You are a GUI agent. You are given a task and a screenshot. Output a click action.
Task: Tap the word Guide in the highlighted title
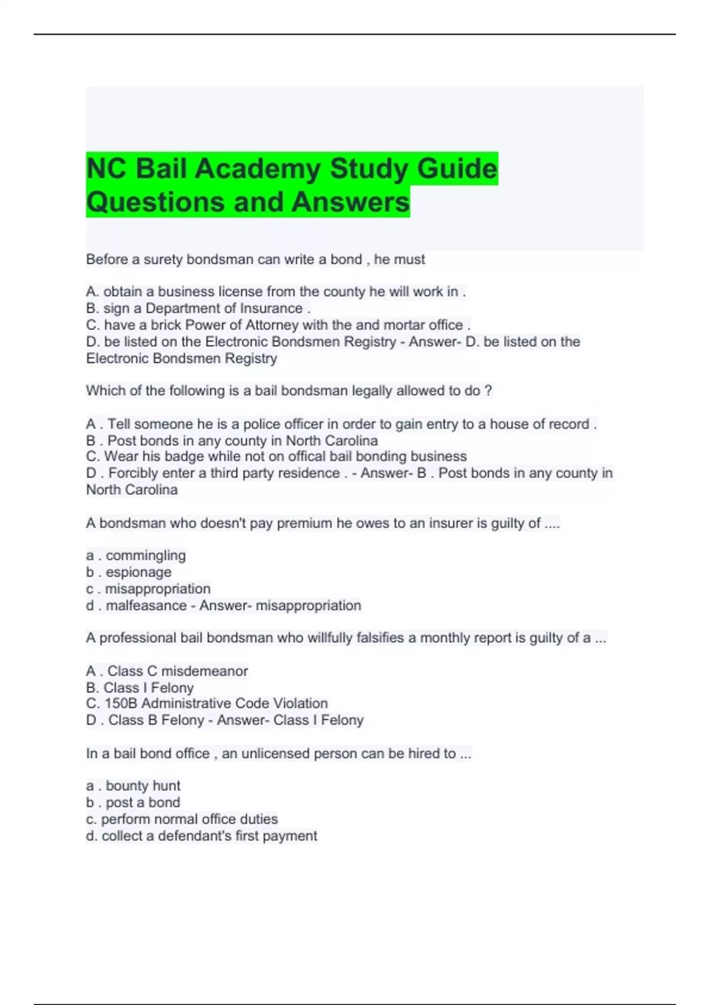pos(457,169)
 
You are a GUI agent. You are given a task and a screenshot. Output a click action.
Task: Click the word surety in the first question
pos(163,260)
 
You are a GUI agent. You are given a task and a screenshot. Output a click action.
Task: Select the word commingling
pos(146,556)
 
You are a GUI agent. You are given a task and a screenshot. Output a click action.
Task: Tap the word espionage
pos(138,572)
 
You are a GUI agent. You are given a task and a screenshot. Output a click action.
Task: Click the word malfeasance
pos(146,605)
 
